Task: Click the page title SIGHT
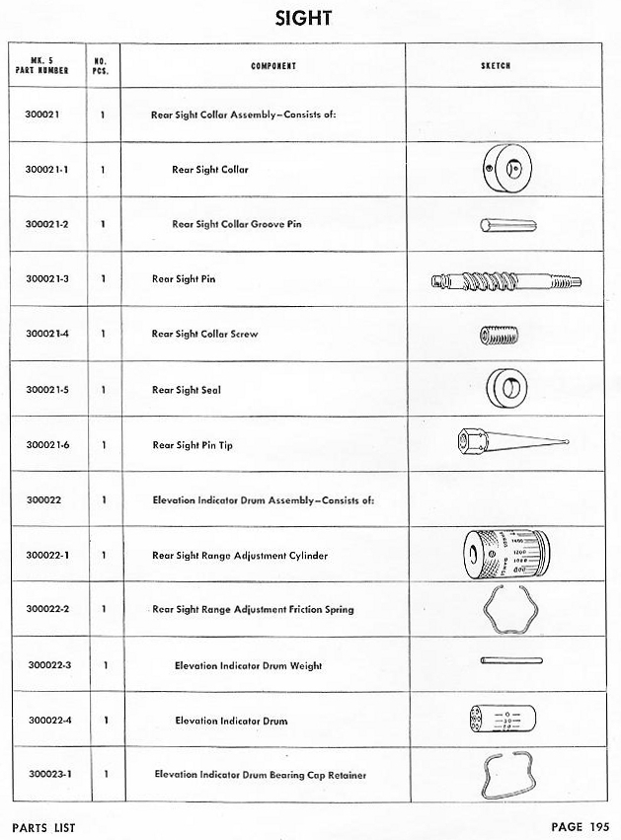(310, 18)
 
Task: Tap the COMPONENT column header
(273, 66)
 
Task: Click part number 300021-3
(46, 279)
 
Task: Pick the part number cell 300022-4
(46, 721)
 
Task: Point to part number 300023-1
(46, 775)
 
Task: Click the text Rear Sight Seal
(186, 390)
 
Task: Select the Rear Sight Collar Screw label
(204, 335)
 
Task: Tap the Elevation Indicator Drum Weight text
(249, 666)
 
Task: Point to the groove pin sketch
(507, 225)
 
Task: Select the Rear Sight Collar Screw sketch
(501, 336)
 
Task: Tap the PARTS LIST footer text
(43, 827)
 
